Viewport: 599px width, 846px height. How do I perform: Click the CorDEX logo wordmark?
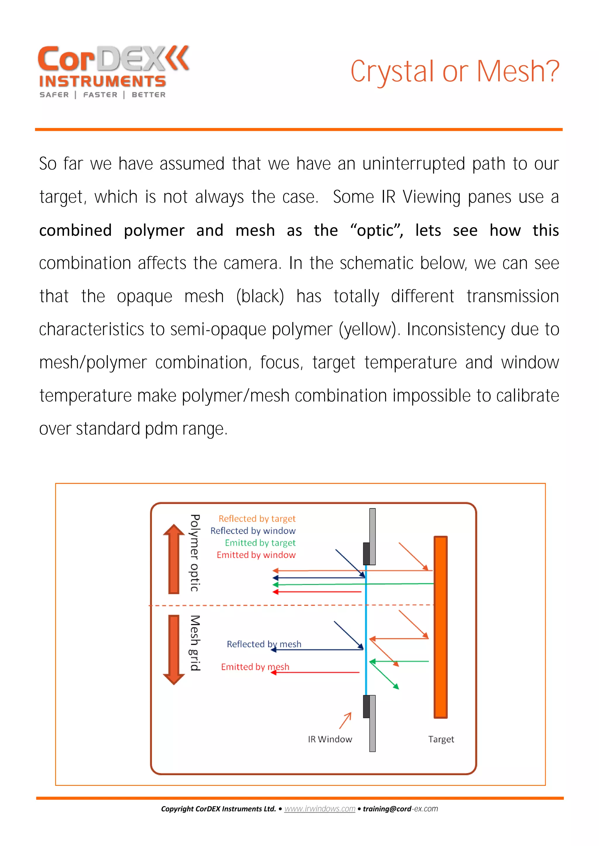click(113, 59)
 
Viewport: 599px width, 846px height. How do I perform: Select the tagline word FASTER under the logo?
click(100, 95)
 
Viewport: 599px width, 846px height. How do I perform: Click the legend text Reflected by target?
click(257, 519)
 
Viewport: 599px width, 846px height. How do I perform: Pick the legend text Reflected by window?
click(253, 531)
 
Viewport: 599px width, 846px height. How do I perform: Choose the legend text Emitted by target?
click(260, 543)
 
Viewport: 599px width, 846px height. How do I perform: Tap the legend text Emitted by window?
click(256, 555)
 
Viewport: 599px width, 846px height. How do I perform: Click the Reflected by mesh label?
click(264, 644)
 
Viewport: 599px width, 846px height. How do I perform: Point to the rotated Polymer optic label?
click(195, 553)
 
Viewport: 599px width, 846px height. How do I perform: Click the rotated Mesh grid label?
click(195, 643)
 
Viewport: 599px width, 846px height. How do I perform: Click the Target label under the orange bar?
click(441, 739)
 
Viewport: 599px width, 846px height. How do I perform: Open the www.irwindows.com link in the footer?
click(320, 809)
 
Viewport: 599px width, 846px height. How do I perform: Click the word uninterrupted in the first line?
click(414, 164)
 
